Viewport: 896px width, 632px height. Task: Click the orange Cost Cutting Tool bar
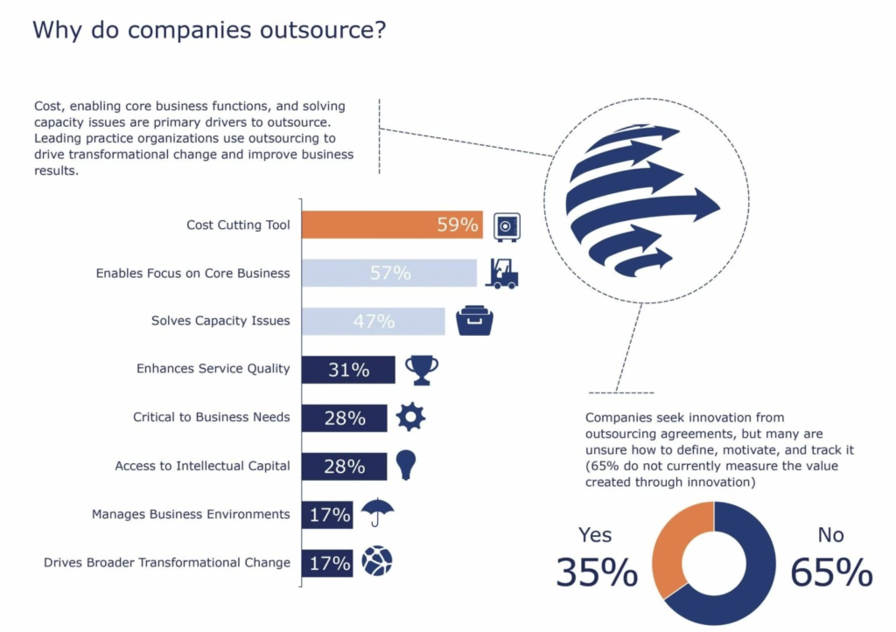(391, 225)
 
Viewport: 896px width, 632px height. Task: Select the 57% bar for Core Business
(388, 273)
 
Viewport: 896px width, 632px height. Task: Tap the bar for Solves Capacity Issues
(373, 321)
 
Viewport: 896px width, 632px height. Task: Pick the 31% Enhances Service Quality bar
(347, 370)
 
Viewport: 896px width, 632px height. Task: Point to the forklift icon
(502, 273)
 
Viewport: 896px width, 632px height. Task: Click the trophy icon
(422, 370)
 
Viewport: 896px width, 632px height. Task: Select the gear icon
(410, 417)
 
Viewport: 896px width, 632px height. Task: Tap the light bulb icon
(405, 465)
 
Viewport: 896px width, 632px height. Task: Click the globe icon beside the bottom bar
(377, 560)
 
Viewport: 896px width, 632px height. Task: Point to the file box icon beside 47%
(474, 321)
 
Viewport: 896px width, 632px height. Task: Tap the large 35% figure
(596, 572)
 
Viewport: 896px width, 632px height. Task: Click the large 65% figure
(830, 572)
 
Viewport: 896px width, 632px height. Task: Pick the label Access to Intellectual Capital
(202, 466)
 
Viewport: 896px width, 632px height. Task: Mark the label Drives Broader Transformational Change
(166, 562)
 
